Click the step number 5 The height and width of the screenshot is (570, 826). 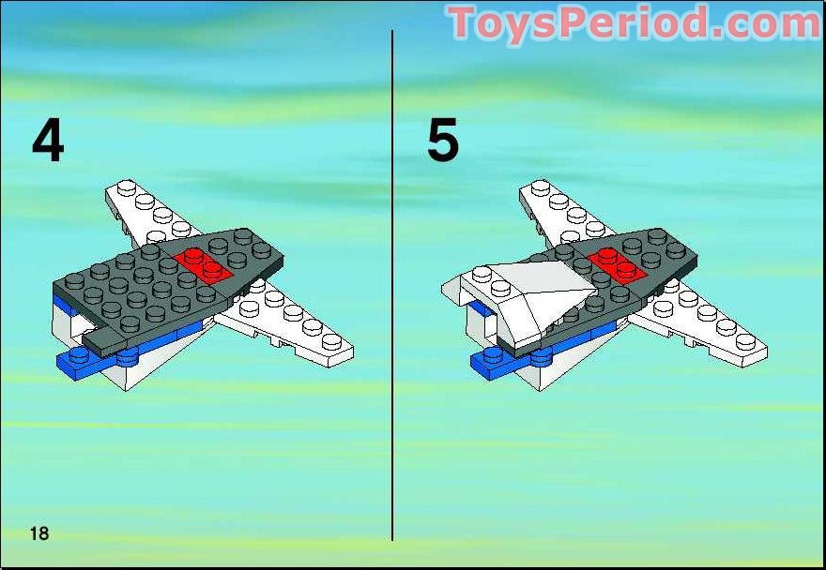point(442,140)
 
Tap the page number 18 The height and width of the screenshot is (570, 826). point(39,533)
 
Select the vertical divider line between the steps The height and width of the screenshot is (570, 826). point(392,285)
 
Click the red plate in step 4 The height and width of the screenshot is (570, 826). point(203,266)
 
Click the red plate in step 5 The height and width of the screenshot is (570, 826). point(617,266)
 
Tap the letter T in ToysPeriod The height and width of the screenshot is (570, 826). point(461,22)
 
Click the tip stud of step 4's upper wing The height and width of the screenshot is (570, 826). point(127,187)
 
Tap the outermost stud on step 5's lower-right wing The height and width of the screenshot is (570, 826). point(746,341)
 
